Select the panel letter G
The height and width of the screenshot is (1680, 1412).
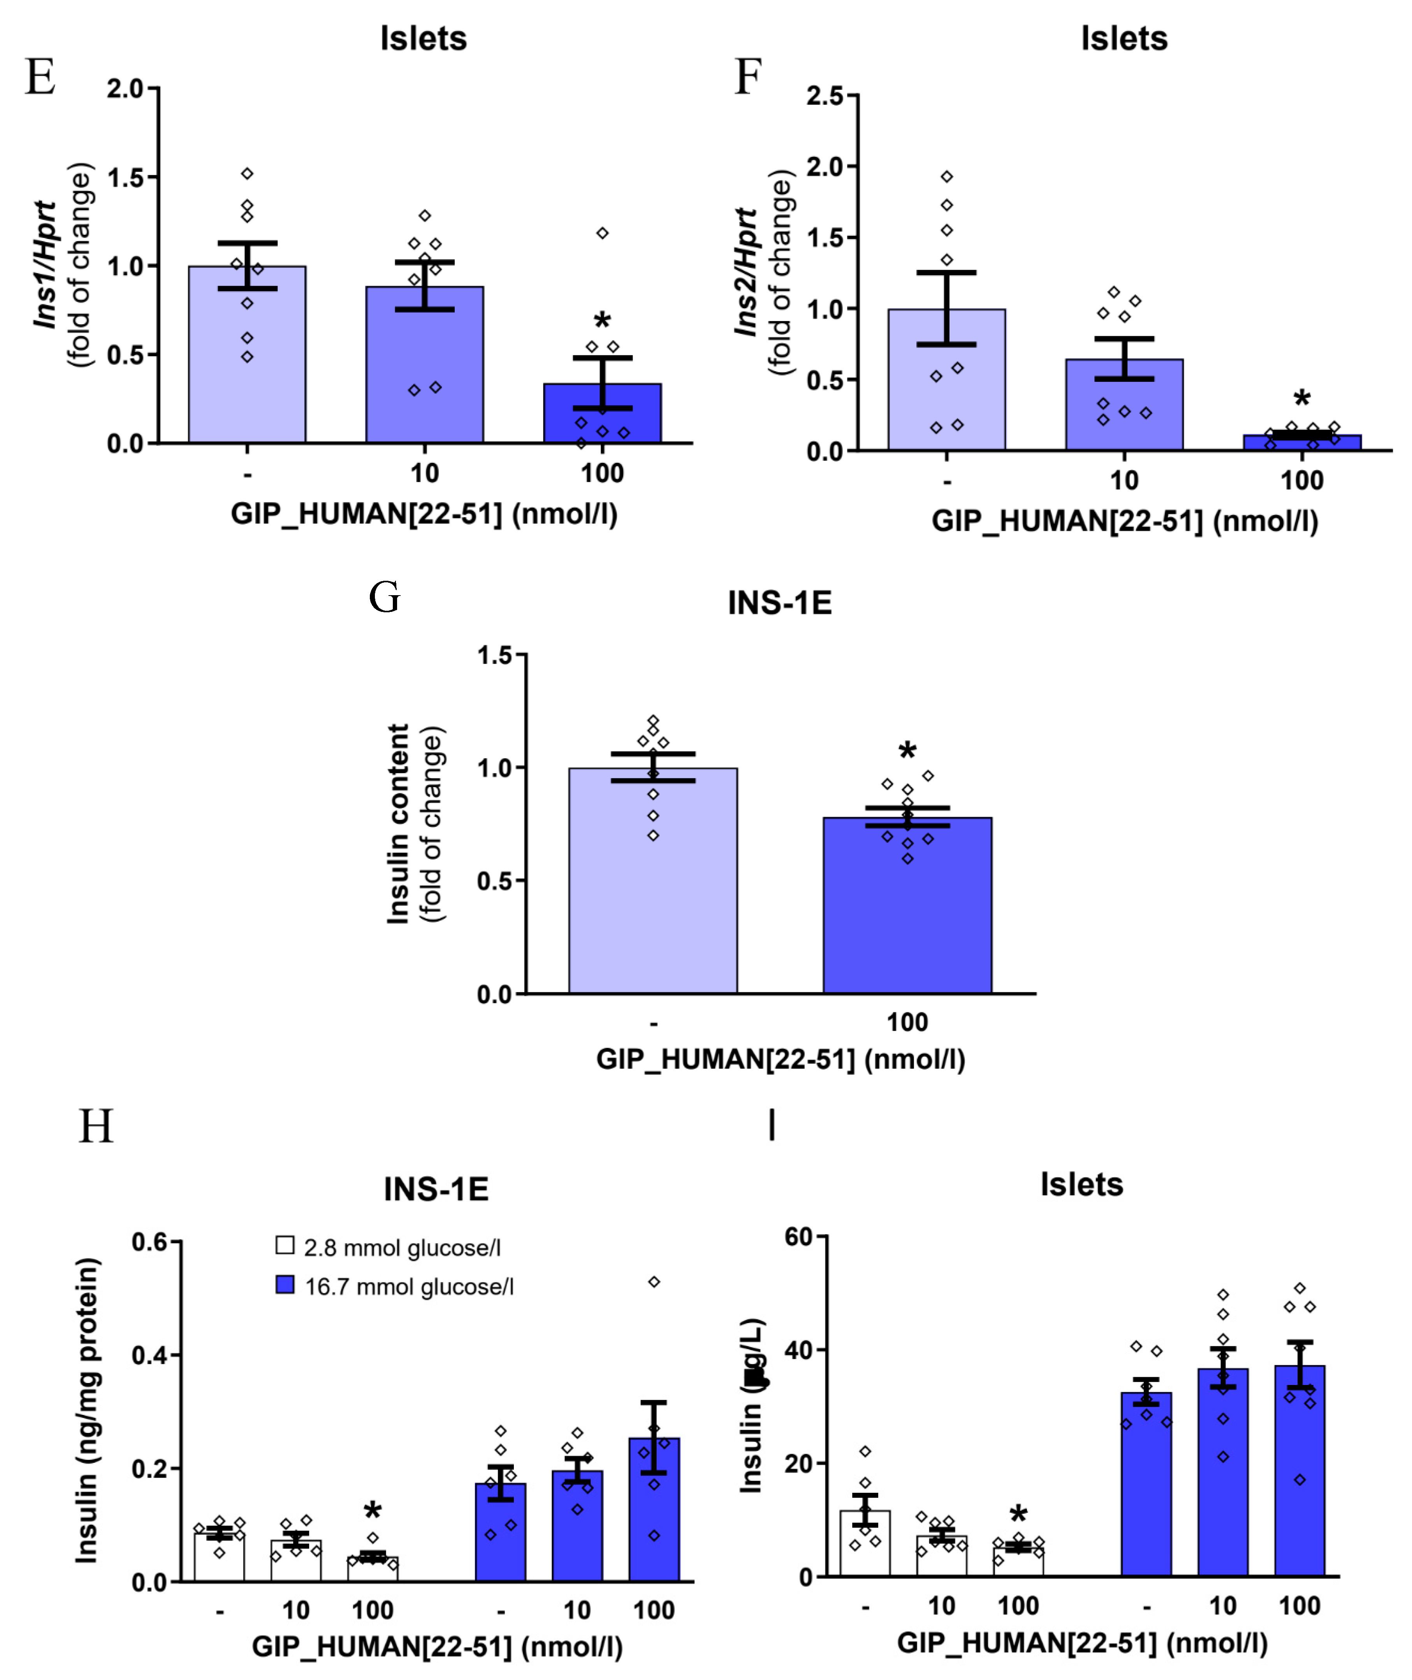coord(384,598)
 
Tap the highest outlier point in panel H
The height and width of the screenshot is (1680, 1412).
coord(654,1282)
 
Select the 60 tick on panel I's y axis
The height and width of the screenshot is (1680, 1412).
coord(799,1237)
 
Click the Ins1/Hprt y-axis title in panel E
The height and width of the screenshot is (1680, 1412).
coord(46,264)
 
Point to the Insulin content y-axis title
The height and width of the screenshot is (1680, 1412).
coord(398,824)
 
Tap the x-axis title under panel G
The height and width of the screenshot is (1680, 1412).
coord(781,1060)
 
